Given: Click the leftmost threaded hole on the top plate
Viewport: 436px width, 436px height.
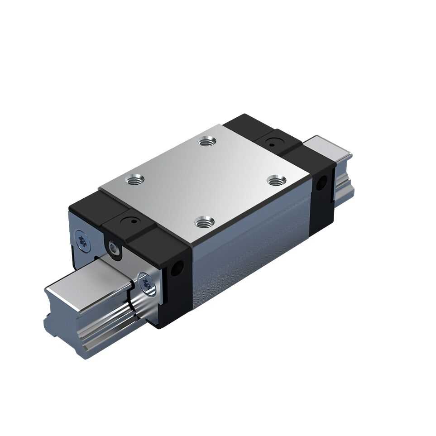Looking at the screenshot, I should [x=135, y=180].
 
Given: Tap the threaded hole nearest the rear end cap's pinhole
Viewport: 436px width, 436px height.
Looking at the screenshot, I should [x=207, y=141].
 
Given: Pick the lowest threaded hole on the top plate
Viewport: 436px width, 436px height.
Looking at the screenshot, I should [x=204, y=222].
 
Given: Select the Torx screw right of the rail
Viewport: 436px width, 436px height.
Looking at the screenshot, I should [x=146, y=284].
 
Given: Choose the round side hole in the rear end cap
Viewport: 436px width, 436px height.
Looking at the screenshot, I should [x=322, y=183].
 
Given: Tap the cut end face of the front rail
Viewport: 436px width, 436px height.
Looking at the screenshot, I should [x=63, y=317].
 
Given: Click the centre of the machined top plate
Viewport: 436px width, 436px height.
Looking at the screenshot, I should [x=206, y=181].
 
